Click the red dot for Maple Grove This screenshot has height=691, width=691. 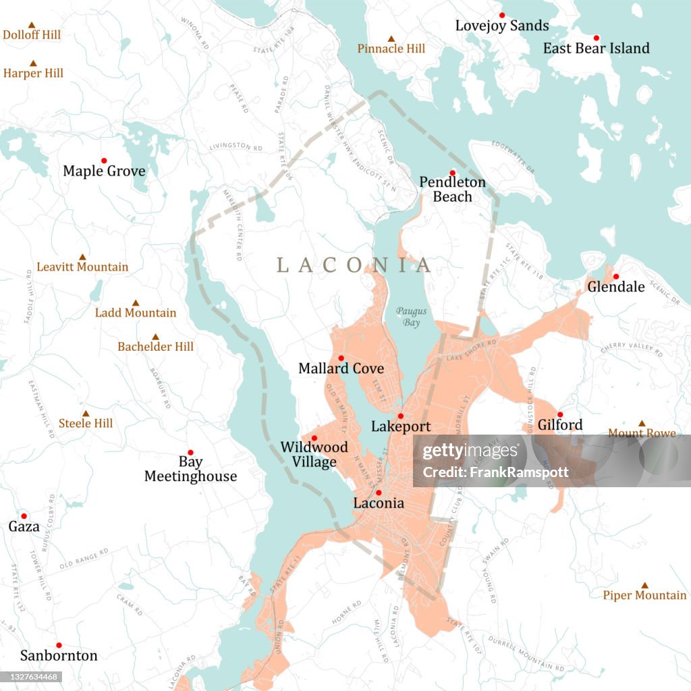(x=104, y=161)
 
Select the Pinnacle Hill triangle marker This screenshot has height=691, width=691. (x=391, y=38)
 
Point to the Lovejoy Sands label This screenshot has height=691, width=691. (x=501, y=26)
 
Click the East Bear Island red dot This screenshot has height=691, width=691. (x=597, y=38)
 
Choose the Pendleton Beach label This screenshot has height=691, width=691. (x=452, y=190)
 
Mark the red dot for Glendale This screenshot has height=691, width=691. (x=615, y=276)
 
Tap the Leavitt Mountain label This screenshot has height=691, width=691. (x=82, y=267)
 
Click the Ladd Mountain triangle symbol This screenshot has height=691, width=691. (x=136, y=303)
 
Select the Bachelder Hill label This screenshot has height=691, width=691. (x=155, y=347)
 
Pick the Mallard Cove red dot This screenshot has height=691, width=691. (x=341, y=358)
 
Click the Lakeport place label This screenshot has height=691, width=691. (x=400, y=427)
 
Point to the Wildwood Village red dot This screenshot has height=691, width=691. (x=314, y=438)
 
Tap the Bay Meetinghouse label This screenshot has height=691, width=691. (x=190, y=470)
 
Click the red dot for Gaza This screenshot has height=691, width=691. (x=24, y=516)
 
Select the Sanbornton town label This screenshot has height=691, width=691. (x=59, y=656)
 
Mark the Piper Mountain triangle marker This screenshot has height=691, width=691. (x=644, y=585)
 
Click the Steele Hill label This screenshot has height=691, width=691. (x=86, y=424)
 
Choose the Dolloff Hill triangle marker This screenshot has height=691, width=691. (x=31, y=25)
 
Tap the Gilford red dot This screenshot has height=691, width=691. (x=559, y=414)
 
